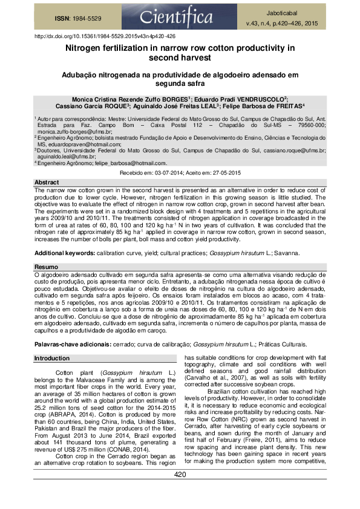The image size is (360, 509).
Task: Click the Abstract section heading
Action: (x=47, y=182)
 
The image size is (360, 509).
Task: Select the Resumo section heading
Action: (x=46, y=267)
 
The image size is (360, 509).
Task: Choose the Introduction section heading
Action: (x=52, y=358)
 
